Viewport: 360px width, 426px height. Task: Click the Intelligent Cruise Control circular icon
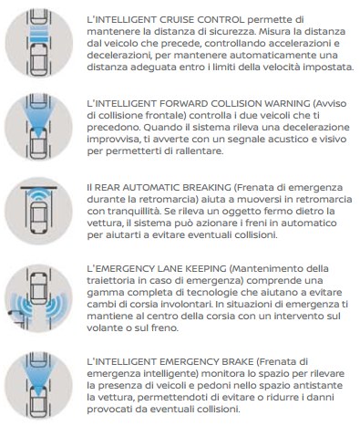pyautogui.click(x=39, y=43)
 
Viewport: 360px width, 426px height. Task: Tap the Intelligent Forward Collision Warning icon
pyautogui.click(x=39, y=127)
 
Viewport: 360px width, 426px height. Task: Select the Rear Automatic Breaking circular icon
pyautogui.click(x=39, y=211)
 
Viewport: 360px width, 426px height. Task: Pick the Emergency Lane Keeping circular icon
pyautogui.click(x=39, y=298)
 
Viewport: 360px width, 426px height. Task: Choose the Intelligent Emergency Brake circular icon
pyautogui.click(x=39, y=385)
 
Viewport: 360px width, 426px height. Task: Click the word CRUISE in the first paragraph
pyautogui.click(x=177, y=20)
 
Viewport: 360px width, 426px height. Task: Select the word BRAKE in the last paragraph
pyautogui.click(x=238, y=362)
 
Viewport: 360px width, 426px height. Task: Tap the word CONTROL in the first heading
pyautogui.click(x=221, y=20)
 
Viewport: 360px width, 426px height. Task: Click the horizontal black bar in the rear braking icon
pyautogui.click(x=39, y=188)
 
